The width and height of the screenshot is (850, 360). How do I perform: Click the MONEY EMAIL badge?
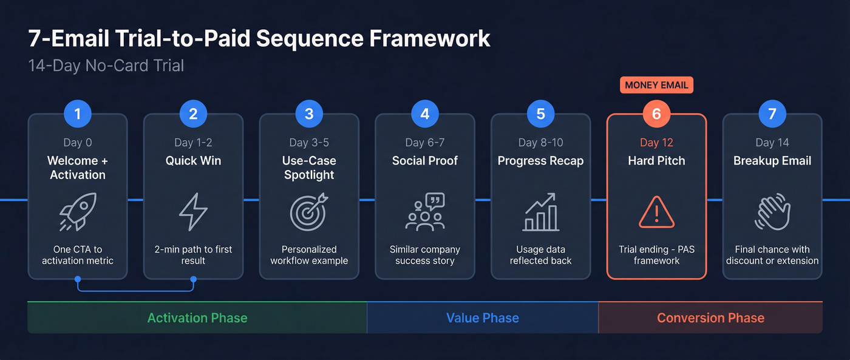(656, 85)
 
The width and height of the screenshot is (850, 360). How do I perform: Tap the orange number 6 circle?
(656, 114)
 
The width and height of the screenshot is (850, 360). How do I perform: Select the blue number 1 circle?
(78, 114)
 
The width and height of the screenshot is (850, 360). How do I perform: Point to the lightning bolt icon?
(193, 212)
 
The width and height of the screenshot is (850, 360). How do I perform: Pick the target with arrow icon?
(309, 212)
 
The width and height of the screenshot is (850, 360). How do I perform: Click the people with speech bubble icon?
(425, 212)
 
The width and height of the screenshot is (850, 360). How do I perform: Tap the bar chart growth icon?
(540, 212)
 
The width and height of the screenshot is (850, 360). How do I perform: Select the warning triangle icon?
(656, 212)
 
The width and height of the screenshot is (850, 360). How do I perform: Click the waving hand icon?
(772, 212)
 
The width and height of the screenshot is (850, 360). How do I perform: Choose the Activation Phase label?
(197, 318)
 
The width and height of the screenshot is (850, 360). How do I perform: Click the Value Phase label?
(483, 318)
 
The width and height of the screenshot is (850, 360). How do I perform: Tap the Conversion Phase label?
(710, 318)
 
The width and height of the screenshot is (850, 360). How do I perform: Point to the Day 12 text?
(656, 143)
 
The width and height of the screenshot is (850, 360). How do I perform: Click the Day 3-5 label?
(309, 143)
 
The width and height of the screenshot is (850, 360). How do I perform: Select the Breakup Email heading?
(772, 161)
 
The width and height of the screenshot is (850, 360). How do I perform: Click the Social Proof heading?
(425, 161)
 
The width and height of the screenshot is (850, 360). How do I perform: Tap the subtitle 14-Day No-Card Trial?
(106, 66)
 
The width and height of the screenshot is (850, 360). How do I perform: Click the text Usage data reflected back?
(540, 255)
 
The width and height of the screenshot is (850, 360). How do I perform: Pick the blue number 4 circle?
(425, 114)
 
